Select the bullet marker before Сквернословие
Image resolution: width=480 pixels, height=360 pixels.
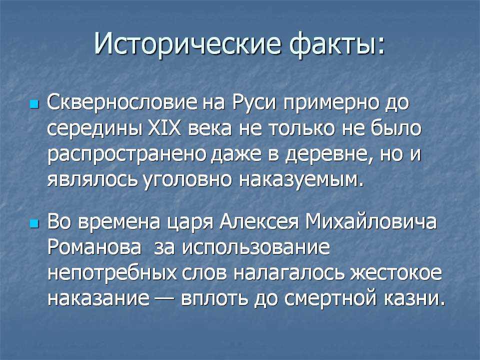click(34, 104)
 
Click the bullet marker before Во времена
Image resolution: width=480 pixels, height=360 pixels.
click(34, 224)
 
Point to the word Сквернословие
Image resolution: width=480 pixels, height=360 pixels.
click(122, 102)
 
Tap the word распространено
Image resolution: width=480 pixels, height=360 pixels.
click(128, 155)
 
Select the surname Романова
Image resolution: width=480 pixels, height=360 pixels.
click(94, 247)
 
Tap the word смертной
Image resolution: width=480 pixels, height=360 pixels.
click(330, 298)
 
